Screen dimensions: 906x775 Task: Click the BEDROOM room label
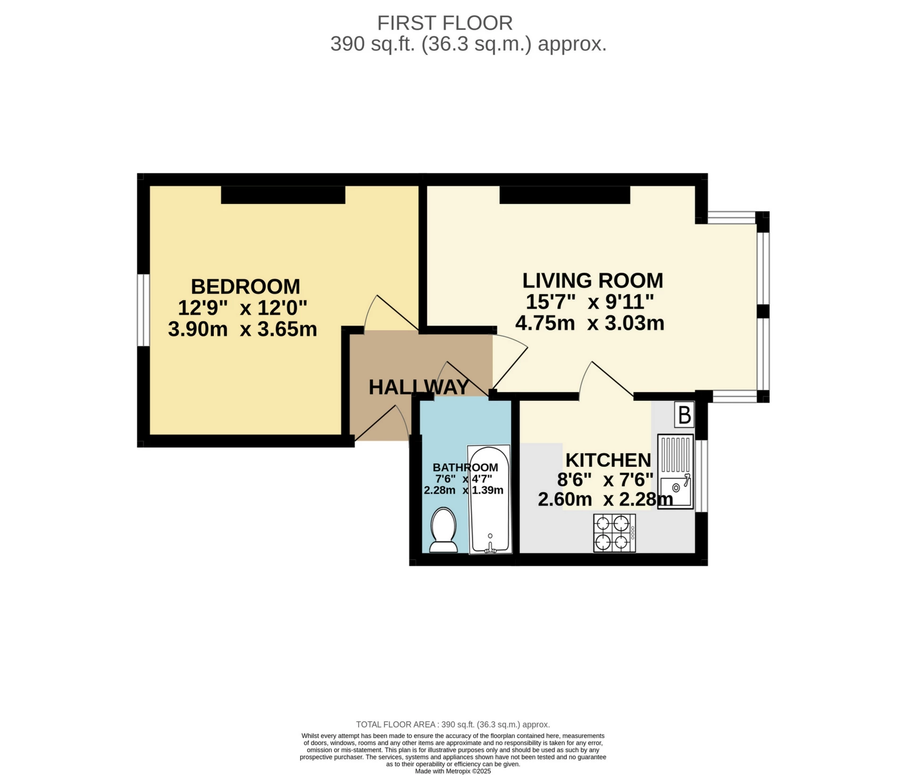(x=245, y=286)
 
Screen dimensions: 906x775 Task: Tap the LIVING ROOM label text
(x=593, y=280)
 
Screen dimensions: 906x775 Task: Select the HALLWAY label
(x=419, y=387)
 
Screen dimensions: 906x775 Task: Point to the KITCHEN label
(x=608, y=460)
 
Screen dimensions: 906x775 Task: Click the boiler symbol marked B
(x=684, y=415)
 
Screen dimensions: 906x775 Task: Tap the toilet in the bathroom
(x=444, y=530)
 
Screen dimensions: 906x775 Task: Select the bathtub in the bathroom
(x=490, y=499)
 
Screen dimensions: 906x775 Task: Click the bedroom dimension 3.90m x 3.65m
(x=243, y=329)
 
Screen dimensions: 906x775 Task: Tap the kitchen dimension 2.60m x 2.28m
(x=605, y=499)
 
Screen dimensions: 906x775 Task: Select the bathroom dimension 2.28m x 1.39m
(x=463, y=490)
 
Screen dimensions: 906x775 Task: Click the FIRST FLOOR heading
(x=445, y=23)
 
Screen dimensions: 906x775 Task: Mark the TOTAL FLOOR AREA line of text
(x=453, y=724)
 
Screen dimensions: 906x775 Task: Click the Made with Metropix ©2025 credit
(x=453, y=771)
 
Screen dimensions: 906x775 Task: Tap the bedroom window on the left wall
(x=143, y=310)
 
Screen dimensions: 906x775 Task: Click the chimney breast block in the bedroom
(x=283, y=195)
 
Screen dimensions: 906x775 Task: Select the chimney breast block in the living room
(x=565, y=195)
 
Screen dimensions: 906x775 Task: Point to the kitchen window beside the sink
(x=702, y=476)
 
